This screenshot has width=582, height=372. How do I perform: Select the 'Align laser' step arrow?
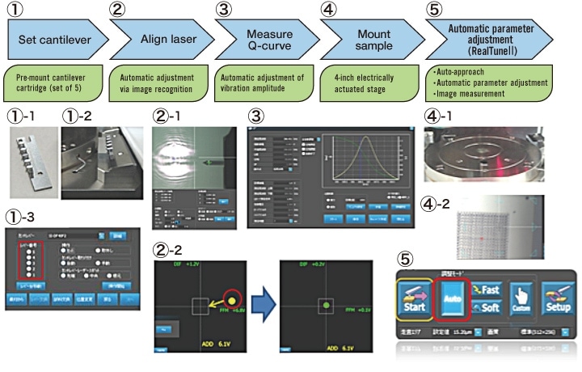point(158,37)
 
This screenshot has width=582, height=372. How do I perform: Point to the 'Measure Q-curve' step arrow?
point(262,37)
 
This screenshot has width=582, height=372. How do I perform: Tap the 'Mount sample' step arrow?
point(365,37)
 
